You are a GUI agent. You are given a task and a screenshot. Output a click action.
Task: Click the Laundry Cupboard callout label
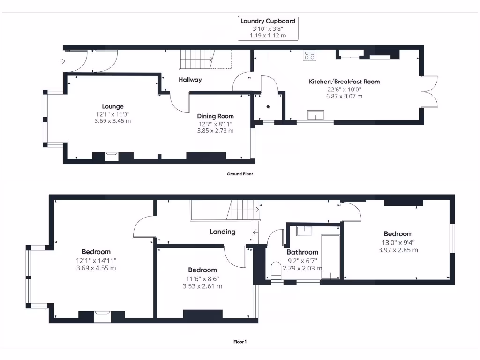pos(268,21)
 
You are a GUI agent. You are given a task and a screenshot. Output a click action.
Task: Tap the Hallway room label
pos(190,80)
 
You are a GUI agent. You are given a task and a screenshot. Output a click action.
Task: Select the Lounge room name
pos(112,106)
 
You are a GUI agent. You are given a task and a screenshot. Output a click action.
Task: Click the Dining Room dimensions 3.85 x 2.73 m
pos(215,131)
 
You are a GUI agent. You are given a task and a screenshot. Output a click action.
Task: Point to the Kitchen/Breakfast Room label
pos(344,82)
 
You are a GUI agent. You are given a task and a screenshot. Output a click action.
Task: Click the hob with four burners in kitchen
pos(310,55)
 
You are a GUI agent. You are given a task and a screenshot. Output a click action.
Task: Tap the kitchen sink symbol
pos(315,115)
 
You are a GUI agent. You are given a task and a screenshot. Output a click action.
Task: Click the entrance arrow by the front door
pos(62,61)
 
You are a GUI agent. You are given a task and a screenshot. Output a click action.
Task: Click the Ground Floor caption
pos(240,173)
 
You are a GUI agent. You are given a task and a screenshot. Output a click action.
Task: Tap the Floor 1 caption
pos(240,342)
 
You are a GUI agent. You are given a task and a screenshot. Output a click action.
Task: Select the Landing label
pos(222,232)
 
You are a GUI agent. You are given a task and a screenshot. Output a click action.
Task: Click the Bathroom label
pos(302,252)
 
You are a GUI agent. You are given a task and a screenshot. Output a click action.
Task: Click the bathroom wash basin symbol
pos(304,230)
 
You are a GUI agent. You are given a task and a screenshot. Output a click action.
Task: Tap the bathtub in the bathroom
pos(331,256)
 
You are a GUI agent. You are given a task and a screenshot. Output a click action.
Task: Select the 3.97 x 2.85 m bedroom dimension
pos(398,250)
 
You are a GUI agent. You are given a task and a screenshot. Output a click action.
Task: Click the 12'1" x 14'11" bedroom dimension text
pos(96,261)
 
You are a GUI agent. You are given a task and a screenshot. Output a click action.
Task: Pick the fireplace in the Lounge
pos(112,156)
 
